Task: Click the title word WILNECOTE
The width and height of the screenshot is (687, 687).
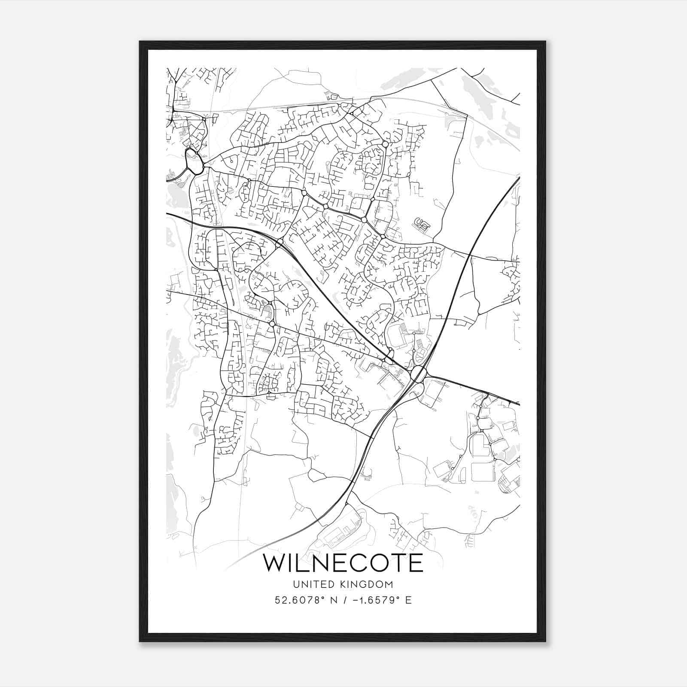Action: pos(343,563)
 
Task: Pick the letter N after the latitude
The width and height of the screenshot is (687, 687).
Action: pos(333,600)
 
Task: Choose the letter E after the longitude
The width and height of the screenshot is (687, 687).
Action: pos(408,600)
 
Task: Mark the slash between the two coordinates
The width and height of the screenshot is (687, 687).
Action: pos(344,600)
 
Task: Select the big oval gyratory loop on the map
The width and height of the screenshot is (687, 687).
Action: pos(194,161)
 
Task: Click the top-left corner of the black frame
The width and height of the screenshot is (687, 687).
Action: pos(140,42)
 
